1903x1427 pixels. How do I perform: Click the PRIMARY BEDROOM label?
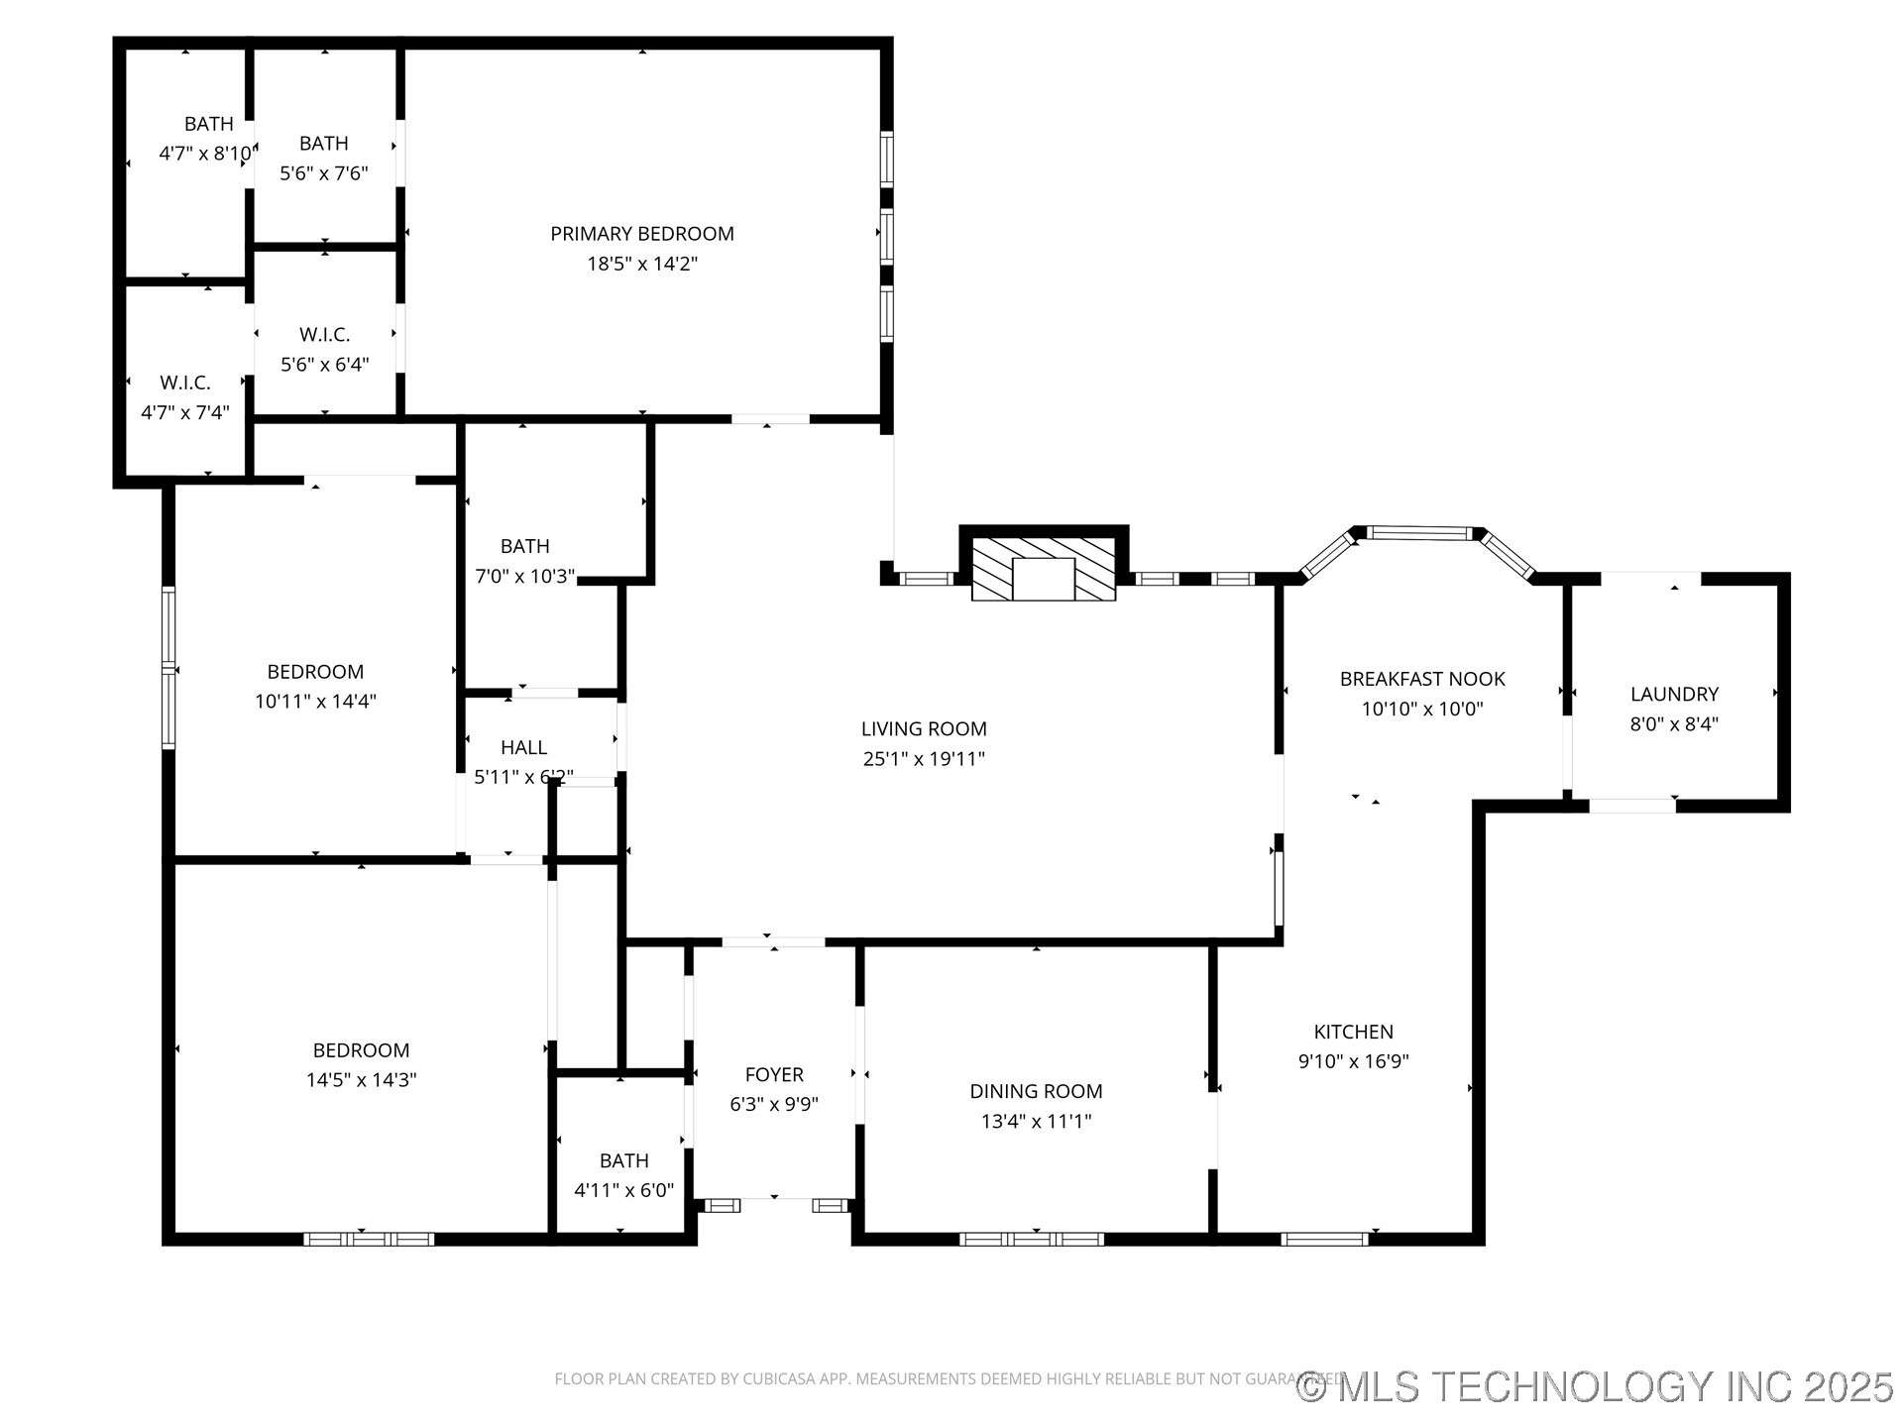(x=642, y=234)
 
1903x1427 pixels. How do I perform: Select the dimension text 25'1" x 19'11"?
(x=923, y=759)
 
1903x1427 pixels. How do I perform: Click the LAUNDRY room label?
(x=1674, y=694)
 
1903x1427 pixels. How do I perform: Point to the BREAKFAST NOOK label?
(x=1422, y=679)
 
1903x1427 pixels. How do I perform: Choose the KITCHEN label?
(x=1353, y=1032)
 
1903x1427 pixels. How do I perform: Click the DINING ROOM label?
(x=1036, y=1091)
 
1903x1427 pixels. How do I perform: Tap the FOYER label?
(x=774, y=1074)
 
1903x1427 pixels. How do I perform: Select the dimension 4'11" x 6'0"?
(x=623, y=1190)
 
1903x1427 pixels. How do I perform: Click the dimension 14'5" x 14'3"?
(x=361, y=1080)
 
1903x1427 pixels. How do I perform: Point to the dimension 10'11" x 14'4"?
(x=315, y=702)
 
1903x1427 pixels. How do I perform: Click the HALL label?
(x=523, y=747)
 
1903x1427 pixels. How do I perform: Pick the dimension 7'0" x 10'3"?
(x=524, y=576)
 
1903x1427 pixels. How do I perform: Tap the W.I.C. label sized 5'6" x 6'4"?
(x=324, y=335)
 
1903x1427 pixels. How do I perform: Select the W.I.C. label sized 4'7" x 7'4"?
(x=185, y=383)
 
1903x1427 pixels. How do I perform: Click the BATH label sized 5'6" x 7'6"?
(x=324, y=144)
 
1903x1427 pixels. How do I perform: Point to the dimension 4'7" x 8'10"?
(x=206, y=154)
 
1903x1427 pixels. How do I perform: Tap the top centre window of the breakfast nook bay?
(x=1420, y=533)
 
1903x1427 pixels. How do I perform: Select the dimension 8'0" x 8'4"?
(x=1674, y=723)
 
